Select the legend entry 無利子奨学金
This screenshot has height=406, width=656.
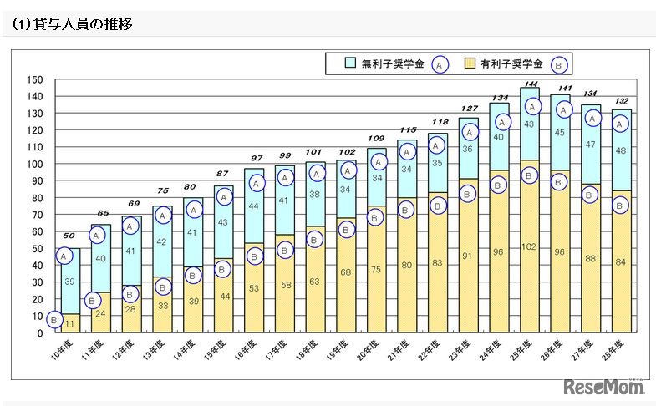point(392,63)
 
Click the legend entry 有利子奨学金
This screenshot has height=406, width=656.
point(511,63)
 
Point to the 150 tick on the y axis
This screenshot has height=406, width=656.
point(34,79)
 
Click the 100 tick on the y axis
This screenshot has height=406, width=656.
point(34,164)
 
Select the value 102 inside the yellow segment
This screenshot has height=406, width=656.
point(530,247)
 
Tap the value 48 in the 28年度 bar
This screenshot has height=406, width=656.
point(622,151)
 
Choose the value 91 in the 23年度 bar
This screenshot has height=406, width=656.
point(468,256)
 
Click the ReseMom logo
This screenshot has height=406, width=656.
point(604,388)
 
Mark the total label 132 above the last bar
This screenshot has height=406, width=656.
point(622,101)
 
